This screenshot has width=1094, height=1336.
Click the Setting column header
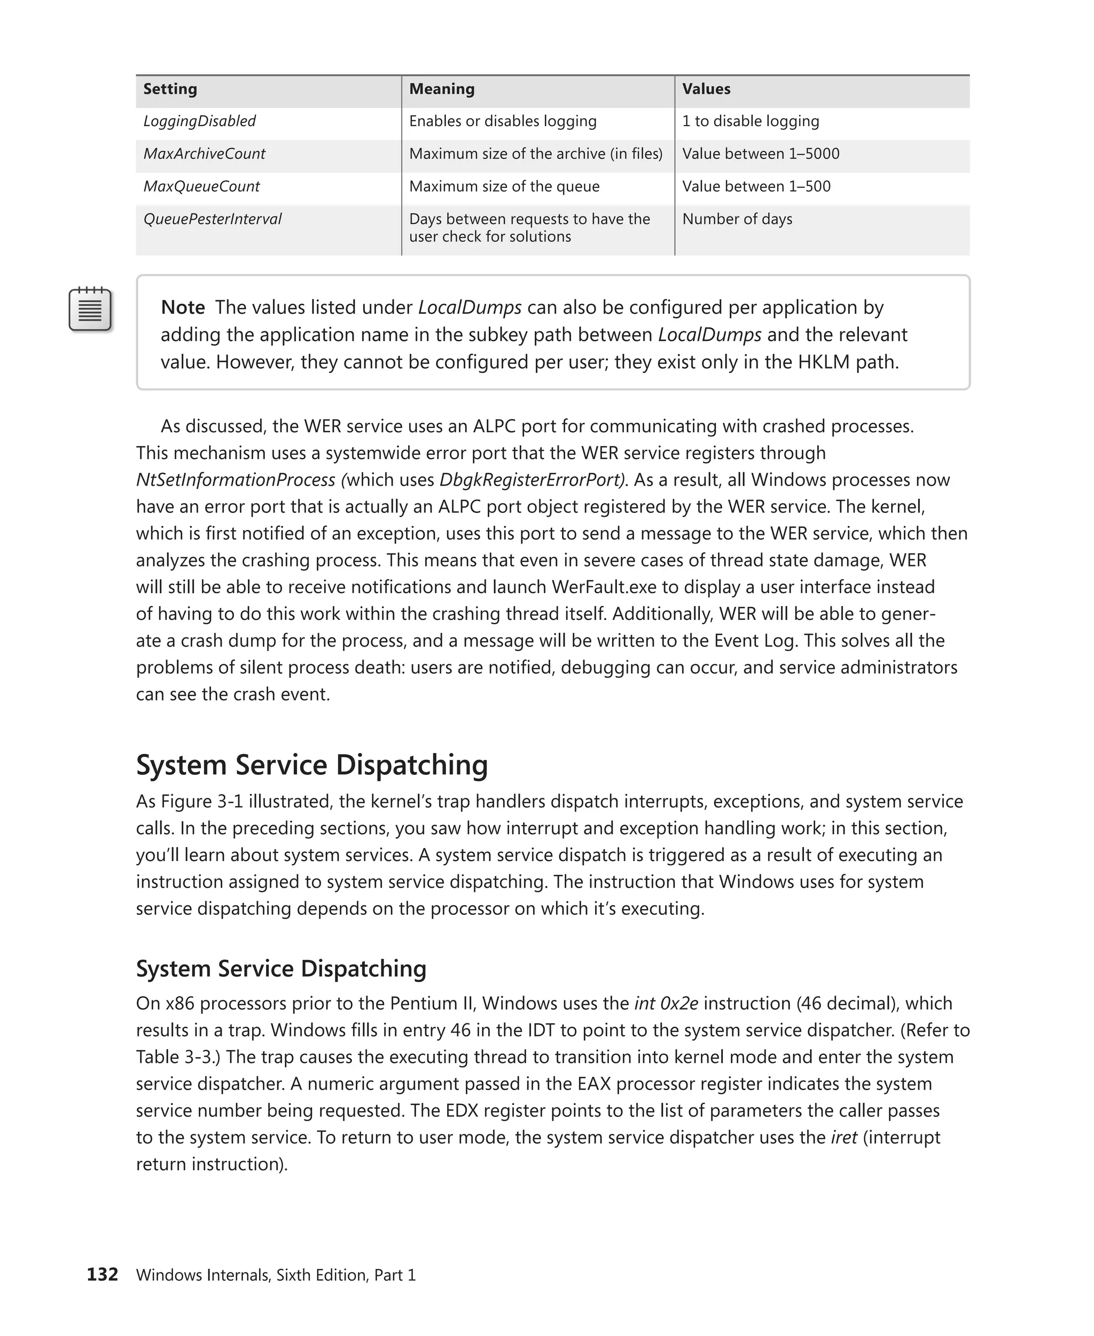point(170,89)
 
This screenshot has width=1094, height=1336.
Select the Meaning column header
point(441,89)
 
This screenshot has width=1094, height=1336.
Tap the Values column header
point(706,89)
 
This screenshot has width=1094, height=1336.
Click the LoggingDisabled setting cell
point(199,121)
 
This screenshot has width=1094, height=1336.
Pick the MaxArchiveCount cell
point(204,154)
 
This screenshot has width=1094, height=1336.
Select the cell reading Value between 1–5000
point(760,154)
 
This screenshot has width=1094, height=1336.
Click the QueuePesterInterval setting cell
point(213,220)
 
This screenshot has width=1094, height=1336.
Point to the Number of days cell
point(737,220)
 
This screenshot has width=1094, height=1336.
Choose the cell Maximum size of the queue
point(504,187)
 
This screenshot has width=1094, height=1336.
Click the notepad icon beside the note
point(90,309)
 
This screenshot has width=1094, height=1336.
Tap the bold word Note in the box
point(183,308)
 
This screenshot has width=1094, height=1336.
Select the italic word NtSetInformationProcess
point(236,480)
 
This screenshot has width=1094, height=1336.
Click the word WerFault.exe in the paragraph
point(604,588)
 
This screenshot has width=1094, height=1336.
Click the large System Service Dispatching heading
point(312,765)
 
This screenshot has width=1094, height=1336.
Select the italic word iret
point(844,1137)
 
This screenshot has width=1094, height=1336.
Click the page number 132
point(102,1274)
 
